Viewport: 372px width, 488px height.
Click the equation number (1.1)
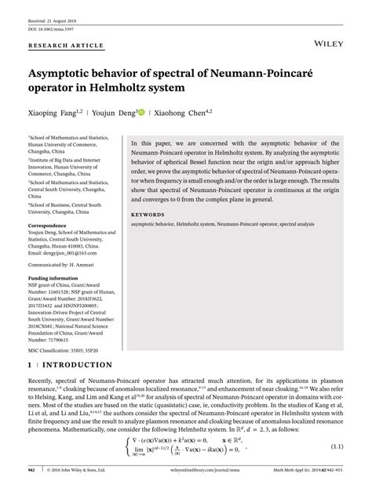337,446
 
